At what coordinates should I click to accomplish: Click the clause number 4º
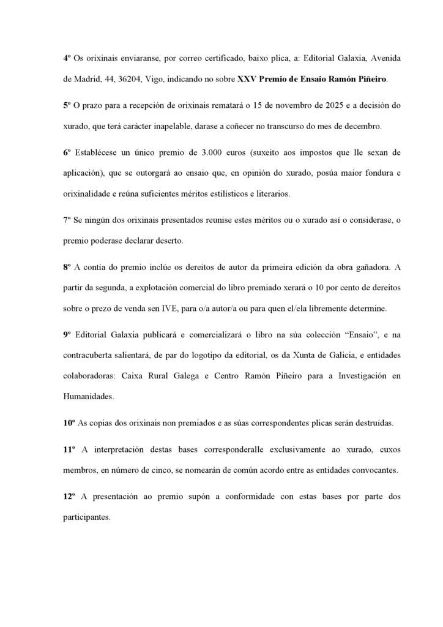[x=67, y=57]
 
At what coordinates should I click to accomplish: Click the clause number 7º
[x=67, y=219]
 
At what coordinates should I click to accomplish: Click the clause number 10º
[x=69, y=422]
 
